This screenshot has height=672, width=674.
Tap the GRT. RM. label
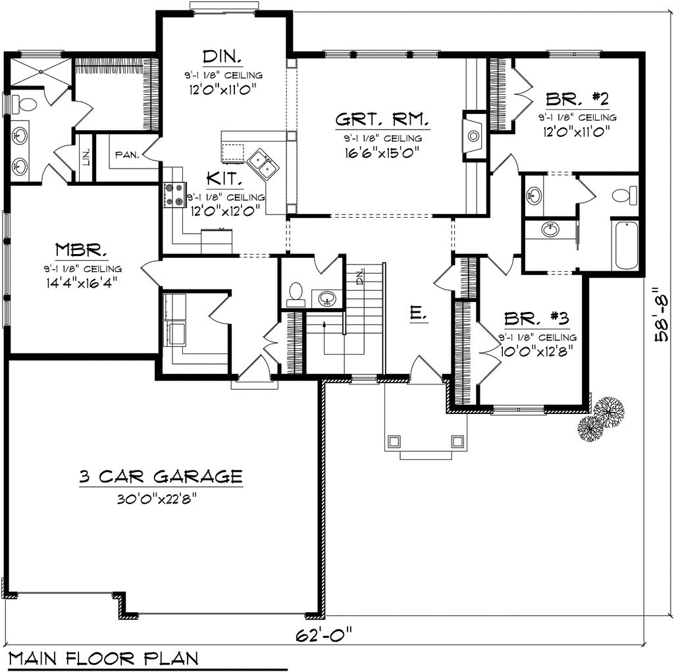click(382, 120)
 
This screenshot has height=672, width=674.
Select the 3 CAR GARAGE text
click(157, 476)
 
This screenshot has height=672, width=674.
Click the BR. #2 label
click(577, 99)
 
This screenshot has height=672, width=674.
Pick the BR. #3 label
click(536, 319)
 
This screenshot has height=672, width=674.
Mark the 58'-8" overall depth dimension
click(660, 315)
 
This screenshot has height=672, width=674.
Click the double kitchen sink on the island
click(265, 163)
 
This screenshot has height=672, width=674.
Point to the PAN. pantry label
click(126, 155)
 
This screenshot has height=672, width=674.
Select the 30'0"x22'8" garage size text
click(157, 498)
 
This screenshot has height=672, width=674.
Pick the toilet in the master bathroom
click(26, 104)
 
